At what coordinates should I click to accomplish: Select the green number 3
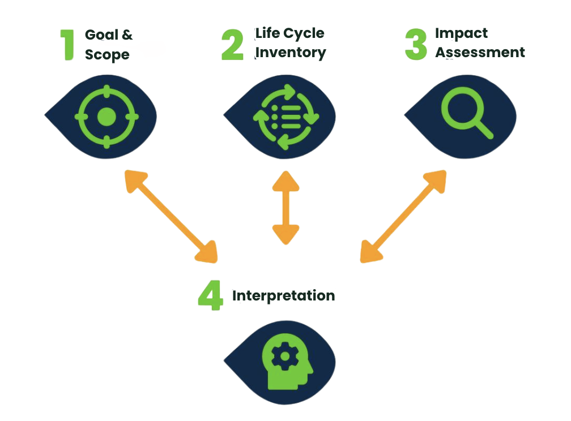[x=416, y=44]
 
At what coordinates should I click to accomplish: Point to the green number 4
[x=210, y=295]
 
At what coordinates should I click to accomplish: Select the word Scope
[x=107, y=55]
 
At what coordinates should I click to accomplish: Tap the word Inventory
[x=291, y=53]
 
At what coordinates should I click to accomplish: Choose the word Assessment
[x=480, y=53]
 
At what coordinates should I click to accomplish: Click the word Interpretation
[x=283, y=295]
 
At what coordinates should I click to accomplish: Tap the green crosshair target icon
[x=106, y=117]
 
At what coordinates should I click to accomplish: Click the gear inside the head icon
[x=281, y=356]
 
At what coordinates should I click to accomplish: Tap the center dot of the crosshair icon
[x=106, y=117]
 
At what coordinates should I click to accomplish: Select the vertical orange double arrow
[x=285, y=207]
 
